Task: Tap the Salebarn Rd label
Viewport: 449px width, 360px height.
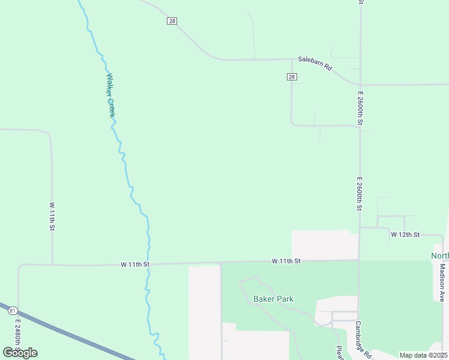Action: coord(315,64)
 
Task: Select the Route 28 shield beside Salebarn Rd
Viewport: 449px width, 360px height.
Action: coord(291,77)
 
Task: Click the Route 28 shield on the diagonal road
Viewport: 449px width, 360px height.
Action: coord(172,21)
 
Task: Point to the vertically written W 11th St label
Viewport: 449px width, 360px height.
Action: coord(52,217)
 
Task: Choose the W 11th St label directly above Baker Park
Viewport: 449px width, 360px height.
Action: coord(286,261)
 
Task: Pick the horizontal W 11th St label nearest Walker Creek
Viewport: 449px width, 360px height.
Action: coord(134,263)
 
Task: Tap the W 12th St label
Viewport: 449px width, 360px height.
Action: coord(405,234)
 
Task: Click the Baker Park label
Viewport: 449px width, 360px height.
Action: coord(273,299)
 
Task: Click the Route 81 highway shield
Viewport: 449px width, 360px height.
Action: coord(13,311)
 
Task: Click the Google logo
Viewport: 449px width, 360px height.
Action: coord(20,353)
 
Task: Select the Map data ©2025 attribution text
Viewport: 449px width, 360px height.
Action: coord(424,355)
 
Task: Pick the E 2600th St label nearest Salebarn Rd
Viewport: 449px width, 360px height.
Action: coord(360,108)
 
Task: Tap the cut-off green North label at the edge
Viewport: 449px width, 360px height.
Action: coord(440,256)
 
